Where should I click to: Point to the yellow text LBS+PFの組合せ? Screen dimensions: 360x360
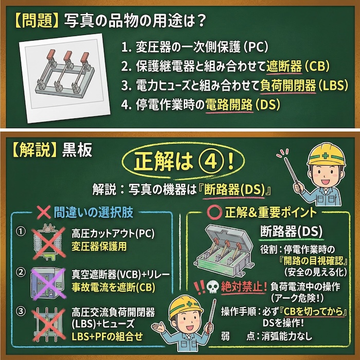(x=107, y=337)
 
